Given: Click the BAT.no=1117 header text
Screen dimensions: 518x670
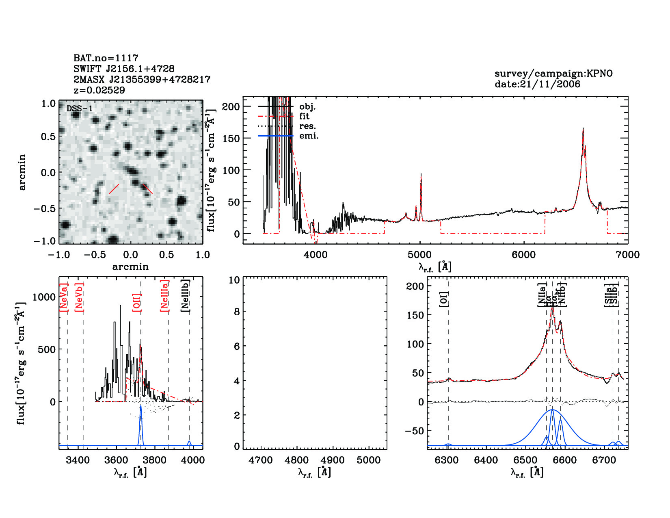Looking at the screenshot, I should click(106, 58).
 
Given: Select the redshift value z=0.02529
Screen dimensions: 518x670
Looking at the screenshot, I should click(99, 90).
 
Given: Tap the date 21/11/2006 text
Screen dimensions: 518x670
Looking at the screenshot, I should click(537, 84).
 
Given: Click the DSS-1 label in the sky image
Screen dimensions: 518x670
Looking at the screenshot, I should click(80, 108).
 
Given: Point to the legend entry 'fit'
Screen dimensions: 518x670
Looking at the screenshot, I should click(304, 116).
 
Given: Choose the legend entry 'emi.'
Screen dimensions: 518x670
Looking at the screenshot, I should click(309, 136).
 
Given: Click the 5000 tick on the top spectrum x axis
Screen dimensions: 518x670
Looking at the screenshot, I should click(419, 255).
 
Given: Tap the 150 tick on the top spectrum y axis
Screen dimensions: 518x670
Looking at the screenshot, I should click(231, 138).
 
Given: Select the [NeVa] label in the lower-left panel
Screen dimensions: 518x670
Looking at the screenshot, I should click(63, 297).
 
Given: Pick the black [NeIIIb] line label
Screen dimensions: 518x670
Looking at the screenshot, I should click(185, 295).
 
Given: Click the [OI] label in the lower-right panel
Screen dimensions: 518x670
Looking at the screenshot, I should click(443, 299).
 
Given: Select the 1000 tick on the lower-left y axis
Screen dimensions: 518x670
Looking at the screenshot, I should click(44, 297).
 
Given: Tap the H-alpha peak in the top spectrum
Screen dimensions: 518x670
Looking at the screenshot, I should click(583, 129).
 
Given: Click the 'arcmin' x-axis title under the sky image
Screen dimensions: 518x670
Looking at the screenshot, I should click(130, 267).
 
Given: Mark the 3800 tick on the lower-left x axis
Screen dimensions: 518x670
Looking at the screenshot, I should click(154, 460).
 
